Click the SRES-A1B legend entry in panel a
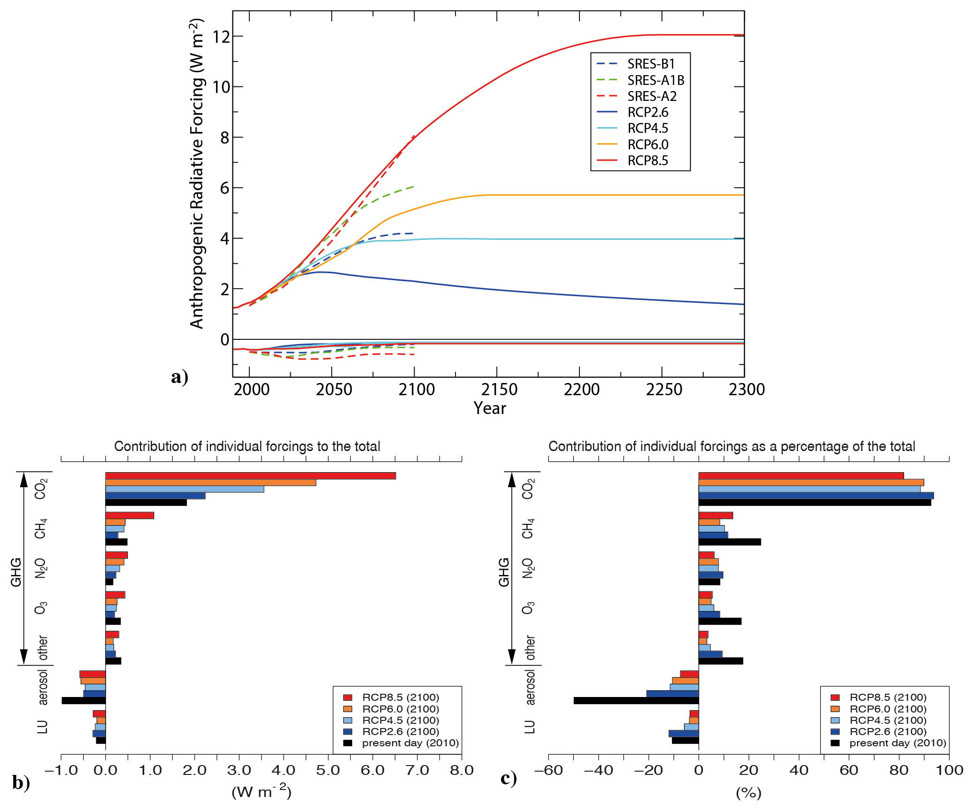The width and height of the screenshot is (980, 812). (656, 80)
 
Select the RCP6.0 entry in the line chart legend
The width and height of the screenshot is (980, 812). (648, 145)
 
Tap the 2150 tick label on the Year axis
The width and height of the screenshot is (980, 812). (499, 390)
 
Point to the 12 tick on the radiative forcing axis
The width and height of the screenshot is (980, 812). (221, 37)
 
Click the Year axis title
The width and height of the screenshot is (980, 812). (489, 408)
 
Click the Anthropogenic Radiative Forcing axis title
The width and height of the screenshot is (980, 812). (197, 174)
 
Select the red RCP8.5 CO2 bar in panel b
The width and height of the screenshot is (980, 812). (250, 476)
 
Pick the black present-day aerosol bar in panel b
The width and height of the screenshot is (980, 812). (84, 700)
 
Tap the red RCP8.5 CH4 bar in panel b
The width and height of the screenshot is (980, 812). (130, 515)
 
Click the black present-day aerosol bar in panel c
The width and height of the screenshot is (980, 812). (636, 700)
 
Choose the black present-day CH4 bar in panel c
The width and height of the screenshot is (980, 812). (730, 542)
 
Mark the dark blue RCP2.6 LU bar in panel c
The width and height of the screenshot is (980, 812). (684, 734)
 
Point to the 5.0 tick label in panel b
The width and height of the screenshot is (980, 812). (328, 770)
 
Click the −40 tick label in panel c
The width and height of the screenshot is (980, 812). (598, 770)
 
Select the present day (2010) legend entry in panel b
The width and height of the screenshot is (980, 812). (410, 743)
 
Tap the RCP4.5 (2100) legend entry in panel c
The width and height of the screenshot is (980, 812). (887, 720)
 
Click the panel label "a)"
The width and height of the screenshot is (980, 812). (179, 377)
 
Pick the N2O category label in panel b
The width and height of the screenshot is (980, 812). (41, 568)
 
